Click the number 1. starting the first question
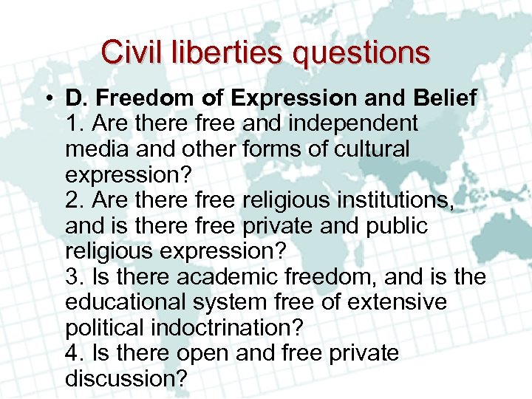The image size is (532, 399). click(x=74, y=123)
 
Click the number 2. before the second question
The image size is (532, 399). click(x=74, y=199)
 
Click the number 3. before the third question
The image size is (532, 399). click(x=74, y=276)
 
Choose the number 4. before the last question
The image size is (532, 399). click(x=74, y=353)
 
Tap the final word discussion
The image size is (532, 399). click(x=126, y=378)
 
